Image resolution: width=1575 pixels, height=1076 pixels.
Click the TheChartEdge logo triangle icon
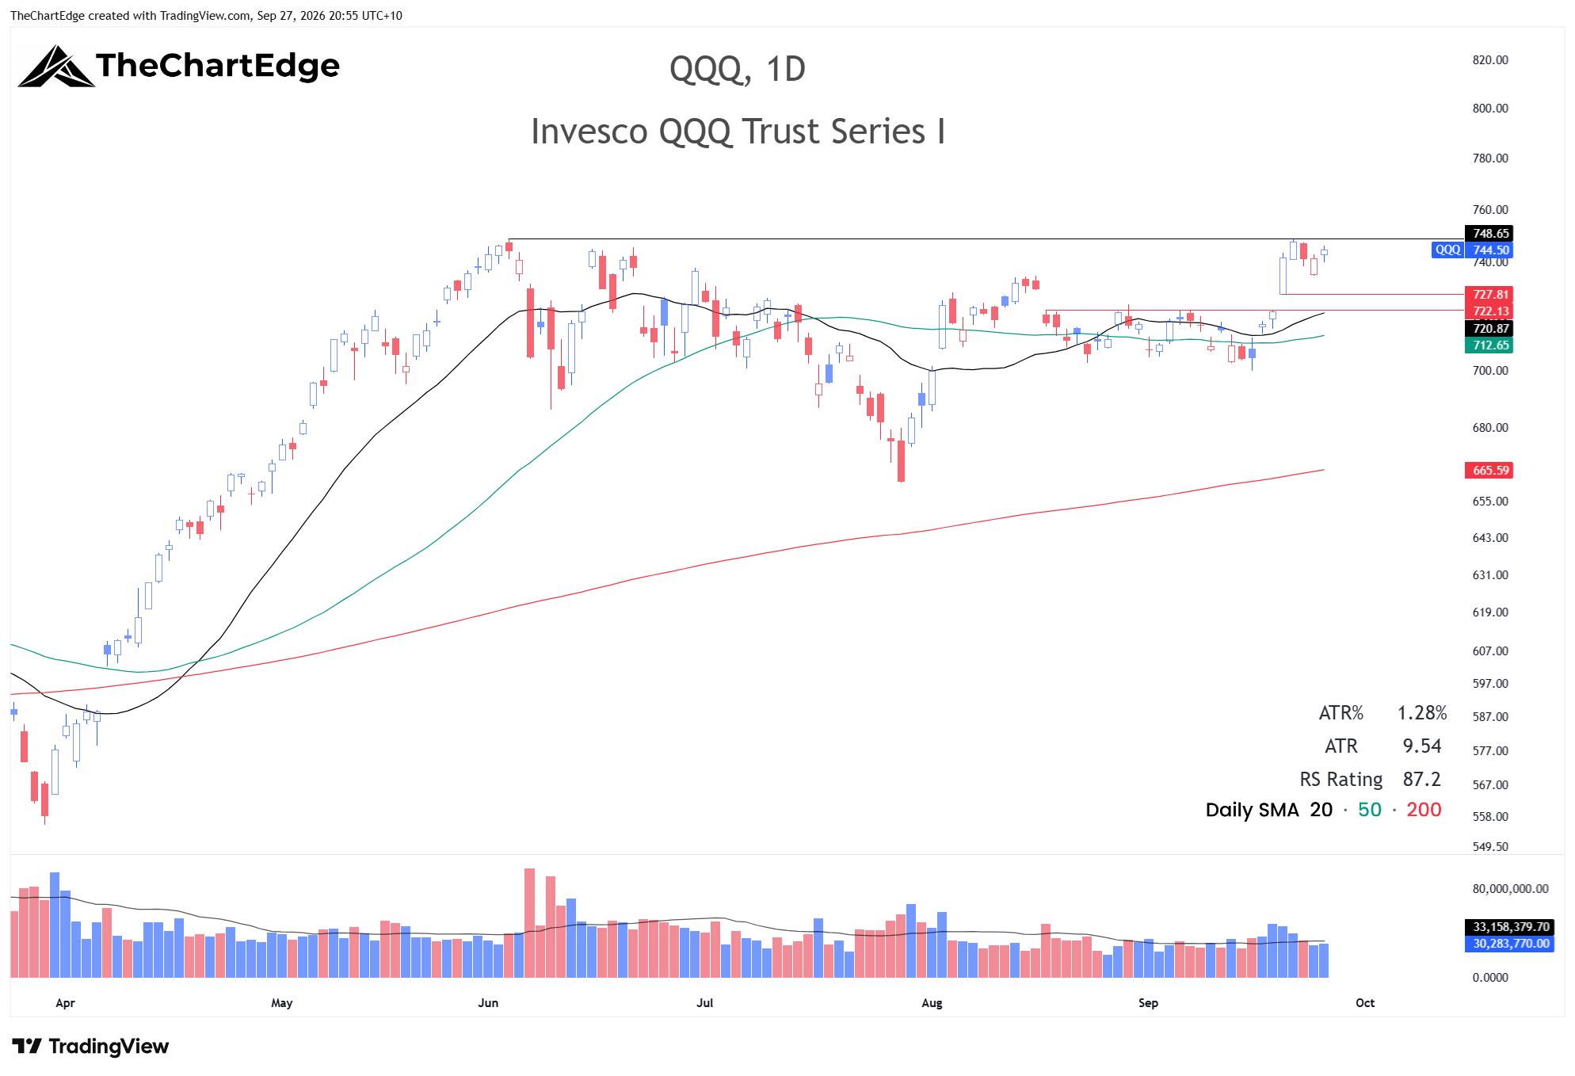55,67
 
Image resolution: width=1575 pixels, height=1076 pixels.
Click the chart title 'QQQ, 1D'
737,70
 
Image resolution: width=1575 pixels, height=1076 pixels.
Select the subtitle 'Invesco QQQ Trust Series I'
738,132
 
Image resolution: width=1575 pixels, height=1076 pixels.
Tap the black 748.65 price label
1489,234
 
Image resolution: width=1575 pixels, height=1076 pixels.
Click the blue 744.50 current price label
1489,250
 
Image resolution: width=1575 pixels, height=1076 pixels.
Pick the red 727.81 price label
1489,295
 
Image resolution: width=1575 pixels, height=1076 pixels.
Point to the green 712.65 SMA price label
1489,345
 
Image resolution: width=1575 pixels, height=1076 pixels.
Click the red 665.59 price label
1489,471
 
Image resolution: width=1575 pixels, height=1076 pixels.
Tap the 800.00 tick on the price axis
1490,109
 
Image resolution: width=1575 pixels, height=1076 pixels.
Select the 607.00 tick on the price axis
1490,651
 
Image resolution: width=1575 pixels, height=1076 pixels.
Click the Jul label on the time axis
704,1003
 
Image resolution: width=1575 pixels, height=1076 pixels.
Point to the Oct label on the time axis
1365,1003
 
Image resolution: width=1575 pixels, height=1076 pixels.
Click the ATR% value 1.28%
1422,713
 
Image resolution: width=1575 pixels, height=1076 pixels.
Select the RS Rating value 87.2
1422,780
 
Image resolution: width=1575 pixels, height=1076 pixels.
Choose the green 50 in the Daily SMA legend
1370,810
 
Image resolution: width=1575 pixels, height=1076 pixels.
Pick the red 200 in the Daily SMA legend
1424,810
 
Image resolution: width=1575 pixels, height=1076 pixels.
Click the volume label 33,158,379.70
1511,927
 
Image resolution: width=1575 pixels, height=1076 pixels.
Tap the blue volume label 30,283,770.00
1511,944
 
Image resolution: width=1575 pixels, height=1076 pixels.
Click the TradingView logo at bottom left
90,1047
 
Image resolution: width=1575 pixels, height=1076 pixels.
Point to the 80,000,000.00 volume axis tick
1510,889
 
